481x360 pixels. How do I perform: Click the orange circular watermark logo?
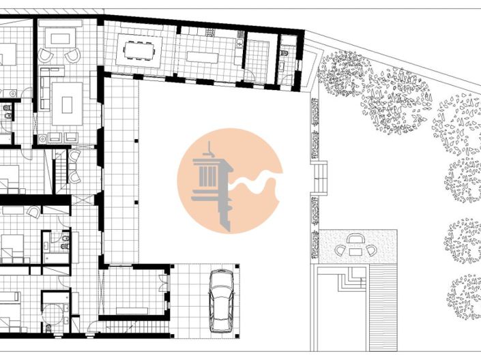click(x=230, y=181)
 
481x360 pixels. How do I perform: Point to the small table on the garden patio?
click(x=355, y=250)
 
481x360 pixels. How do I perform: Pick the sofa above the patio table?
click(x=355, y=238)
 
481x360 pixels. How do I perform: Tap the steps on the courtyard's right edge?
click(x=319, y=178)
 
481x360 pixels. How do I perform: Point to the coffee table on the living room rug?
click(x=67, y=104)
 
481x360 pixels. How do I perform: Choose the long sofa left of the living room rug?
click(x=44, y=95)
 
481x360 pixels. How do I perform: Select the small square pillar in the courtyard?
click(x=136, y=141)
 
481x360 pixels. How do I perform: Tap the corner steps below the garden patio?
click(x=351, y=276)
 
